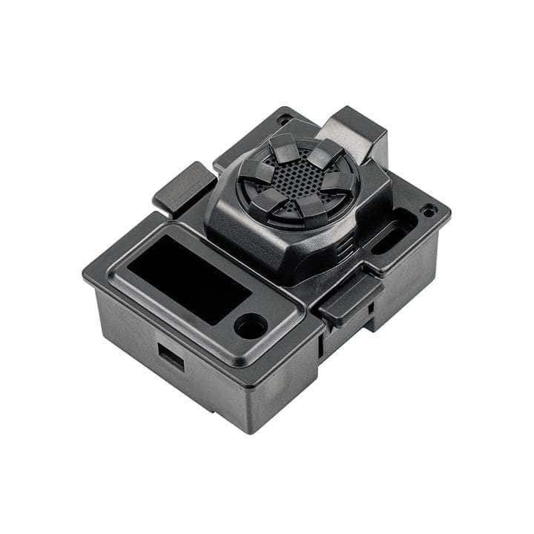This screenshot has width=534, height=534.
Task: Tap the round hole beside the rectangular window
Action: point(250,324)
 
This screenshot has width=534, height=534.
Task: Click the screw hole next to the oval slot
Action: point(428,210)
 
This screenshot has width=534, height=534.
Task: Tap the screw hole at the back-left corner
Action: point(283,119)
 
